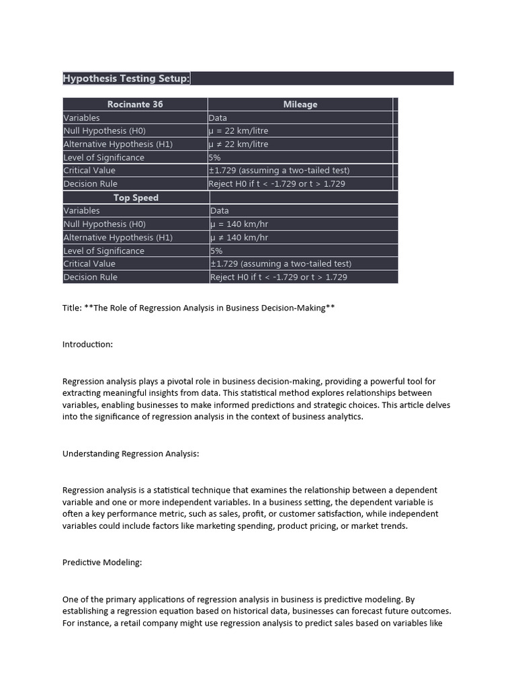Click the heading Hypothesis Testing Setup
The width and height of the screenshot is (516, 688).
126,79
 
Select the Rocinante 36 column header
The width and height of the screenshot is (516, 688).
135,104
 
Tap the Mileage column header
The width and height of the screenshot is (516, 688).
300,104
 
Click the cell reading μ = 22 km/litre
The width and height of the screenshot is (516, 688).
239,131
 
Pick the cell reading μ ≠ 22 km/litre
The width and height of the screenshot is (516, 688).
239,144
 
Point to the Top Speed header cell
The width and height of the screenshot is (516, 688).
136,198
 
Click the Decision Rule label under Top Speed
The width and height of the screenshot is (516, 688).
90,277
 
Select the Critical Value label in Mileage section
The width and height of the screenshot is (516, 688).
89,171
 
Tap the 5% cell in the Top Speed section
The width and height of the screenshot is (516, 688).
216,251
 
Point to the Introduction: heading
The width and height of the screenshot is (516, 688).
87,344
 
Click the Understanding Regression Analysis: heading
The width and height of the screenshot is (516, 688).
130,454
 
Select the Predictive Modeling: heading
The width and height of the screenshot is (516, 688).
102,563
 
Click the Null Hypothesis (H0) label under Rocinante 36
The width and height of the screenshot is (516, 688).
104,131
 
